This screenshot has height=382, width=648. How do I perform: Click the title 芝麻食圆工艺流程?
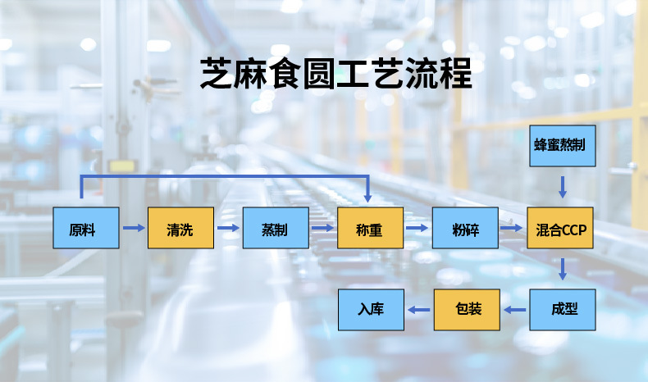[336, 74]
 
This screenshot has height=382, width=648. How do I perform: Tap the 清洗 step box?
[180, 228]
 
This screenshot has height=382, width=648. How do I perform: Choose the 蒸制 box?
[276, 228]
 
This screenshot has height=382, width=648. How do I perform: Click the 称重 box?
[371, 228]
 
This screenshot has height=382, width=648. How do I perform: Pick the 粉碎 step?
[465, 228]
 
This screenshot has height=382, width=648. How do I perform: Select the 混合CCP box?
[562, 228]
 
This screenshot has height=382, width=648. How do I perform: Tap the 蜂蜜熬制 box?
[562, 146]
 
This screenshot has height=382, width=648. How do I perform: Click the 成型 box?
[562, 310]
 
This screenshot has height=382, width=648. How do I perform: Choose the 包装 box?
[467, 310]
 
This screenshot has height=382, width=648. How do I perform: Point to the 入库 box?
[372, 310]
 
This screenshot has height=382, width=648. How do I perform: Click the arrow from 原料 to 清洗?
[133, 228]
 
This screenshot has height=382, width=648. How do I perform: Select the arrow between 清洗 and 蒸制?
[228, 228]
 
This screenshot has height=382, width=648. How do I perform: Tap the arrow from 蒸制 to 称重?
[323, 228]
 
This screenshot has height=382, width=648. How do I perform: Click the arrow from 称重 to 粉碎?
[418, 228]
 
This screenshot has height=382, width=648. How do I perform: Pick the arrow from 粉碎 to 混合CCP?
[513, 228]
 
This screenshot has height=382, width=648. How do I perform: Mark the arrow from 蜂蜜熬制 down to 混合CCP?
[562, 186]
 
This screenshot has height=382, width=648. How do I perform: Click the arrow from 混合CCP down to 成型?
[562, 269]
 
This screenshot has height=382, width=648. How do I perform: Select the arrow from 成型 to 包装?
[514, 310]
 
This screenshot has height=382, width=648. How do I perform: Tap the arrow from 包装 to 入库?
[419, 310]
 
